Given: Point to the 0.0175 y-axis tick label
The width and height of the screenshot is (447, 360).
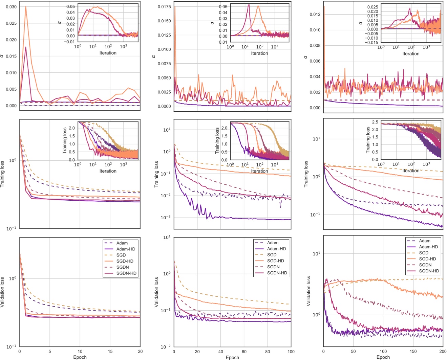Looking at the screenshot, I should coord(164,7).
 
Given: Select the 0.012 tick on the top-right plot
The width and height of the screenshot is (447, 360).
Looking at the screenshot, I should coord(315,14).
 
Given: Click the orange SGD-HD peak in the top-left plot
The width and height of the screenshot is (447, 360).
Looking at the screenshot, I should coord(25,7).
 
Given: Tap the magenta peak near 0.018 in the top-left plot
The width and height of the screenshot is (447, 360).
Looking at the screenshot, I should coord(25,47).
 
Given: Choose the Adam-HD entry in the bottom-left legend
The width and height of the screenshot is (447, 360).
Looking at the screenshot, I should coord(126,249).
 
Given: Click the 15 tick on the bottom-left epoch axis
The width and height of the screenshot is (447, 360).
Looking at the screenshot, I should coord(110,352).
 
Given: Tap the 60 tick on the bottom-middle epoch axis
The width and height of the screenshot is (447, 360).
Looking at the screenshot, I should coord(244,352).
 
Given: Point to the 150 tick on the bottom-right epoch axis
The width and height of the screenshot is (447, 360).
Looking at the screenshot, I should coord(413,352).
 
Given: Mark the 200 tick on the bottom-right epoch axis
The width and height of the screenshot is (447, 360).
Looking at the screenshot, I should coord(443,352).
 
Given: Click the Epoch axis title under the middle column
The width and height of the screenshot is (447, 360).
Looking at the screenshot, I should coord(232,357).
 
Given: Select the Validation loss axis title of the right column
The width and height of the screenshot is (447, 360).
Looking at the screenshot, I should coord(308,291).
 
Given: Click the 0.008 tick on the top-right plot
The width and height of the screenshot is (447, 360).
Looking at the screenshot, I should coord(315,45).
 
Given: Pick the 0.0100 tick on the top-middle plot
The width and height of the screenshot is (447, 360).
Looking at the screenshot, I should coord(164,49).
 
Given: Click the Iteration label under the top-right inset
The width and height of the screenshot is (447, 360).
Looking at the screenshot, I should coord(411,53).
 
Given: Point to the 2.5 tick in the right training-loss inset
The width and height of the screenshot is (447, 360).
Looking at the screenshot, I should coord(375,122).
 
